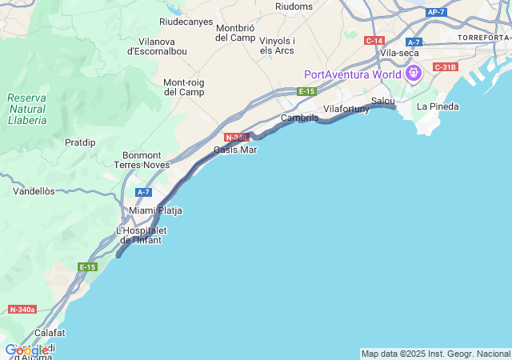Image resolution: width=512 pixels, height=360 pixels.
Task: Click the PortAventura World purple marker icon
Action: click(413, 74)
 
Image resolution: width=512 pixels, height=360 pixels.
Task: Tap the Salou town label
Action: click(383, 101)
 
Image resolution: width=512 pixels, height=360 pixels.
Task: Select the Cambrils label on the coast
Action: click(300, 118)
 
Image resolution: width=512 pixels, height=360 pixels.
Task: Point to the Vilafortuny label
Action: click(346, 109)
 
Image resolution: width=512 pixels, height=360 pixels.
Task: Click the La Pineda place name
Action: click(438, 106)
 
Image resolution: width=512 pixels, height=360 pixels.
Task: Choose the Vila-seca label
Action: click(400, 53)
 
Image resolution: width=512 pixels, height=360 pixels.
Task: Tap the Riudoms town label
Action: click(294, 6)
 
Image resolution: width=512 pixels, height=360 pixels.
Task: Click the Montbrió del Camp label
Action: click(235, 33)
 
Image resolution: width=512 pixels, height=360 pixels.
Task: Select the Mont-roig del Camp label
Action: click(184, 86)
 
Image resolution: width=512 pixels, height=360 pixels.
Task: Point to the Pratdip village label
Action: click(80, 142)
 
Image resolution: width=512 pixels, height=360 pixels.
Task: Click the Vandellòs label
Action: click(34, 191)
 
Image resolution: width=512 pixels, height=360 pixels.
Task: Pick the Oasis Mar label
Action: click(235, 150)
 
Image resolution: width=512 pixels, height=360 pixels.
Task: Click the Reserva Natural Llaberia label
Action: click(27, 109)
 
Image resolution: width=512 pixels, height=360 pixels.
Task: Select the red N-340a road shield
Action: click(22, 309)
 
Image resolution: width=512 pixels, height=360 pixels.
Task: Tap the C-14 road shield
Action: click(374, 40)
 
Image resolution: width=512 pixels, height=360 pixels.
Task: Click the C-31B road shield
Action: click(445, 66)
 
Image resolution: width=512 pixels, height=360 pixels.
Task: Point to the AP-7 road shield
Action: click(436, 12)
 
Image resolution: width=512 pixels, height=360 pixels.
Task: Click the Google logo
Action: click(26, 350)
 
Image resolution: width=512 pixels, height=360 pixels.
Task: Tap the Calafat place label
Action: click(50, 332)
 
